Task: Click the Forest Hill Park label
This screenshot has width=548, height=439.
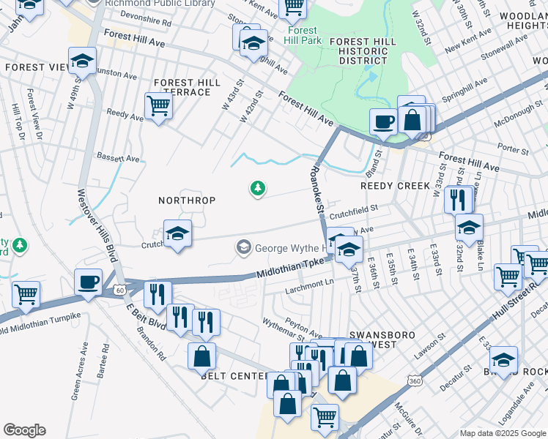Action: point(301,36)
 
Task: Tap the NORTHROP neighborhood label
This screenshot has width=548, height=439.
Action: point(187,200)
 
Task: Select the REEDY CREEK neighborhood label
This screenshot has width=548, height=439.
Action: point(395,186)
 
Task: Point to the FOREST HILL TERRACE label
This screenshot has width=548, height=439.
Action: point(186,88)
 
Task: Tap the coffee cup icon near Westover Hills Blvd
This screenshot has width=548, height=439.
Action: point(89,282)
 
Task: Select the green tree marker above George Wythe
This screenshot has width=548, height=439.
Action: point(257,190)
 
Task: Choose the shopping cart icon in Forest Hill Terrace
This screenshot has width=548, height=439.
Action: point(158,106)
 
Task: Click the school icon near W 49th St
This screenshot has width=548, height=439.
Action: point(83,61)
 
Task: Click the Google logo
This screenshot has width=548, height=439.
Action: point(25,430)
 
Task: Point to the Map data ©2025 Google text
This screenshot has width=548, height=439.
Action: point(502,433)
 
